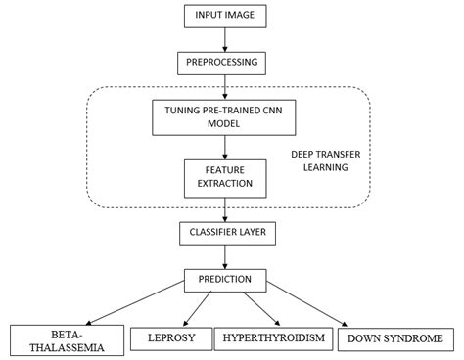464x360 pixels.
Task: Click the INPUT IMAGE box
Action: coord(226,16)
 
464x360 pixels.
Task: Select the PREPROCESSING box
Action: coord(226,63)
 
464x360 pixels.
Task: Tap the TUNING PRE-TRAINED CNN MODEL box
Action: coord(226,119)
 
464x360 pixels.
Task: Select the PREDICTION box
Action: coord(226,280)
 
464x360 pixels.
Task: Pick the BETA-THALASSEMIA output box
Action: coord(58,338)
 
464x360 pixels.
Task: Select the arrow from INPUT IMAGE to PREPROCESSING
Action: coord(226,39)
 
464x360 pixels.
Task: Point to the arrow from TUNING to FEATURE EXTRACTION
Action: coord(226,148)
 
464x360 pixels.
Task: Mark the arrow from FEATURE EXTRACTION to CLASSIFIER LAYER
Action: coord(226,208)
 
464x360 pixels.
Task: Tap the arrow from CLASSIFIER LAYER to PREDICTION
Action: coord(226,256)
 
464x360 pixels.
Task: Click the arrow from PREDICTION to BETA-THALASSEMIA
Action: coord(127,308)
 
